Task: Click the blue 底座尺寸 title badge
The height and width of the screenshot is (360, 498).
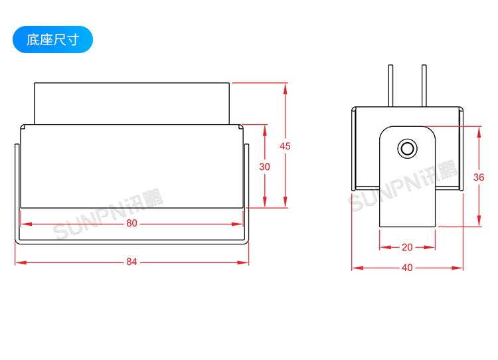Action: coord(52,40)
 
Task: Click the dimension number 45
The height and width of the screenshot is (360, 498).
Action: coord(285,146)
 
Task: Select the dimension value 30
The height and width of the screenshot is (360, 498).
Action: coord(264,167)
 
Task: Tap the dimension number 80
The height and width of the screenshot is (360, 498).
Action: coord(131,223)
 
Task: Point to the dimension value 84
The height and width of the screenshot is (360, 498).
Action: coord(131,262)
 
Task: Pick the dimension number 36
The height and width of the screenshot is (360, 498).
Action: coord(479,177)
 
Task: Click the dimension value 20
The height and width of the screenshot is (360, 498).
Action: coord(407,247)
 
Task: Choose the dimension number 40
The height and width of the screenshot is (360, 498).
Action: coord(407,268)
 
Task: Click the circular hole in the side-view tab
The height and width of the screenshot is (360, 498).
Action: coord(407,148)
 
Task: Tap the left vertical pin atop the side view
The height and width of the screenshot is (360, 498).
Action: coord(390,86)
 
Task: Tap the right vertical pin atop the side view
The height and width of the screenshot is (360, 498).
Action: coord(424,86)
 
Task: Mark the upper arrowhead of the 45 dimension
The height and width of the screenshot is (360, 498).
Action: coord(286,88)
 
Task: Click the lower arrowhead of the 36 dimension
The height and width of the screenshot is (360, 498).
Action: coord(479,221)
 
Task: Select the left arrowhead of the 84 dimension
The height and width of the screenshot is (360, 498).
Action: coord(21,262)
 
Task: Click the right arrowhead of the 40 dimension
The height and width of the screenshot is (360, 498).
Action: coord(457,268)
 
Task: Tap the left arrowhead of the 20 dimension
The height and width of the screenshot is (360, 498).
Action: coord(385,247)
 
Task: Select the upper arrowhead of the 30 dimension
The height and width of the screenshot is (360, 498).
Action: coord(265,131)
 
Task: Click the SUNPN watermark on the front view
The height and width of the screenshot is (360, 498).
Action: coord(108,214)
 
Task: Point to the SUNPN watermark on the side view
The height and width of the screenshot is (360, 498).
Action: coord(403,186)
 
